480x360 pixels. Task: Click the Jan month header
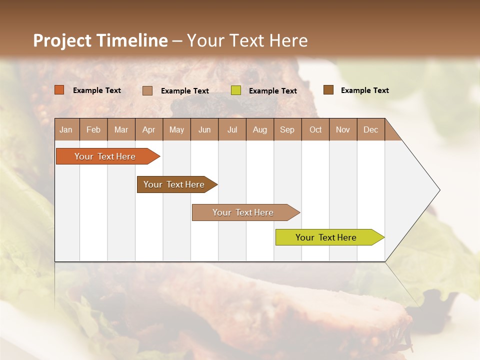[66, 129]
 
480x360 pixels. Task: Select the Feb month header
[93, 129]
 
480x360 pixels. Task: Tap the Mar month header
[121, 129]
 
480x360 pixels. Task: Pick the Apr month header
[149, 129]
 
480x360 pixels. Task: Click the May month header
[176, 129]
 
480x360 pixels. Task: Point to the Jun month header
[204, 129]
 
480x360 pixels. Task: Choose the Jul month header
[232, 129]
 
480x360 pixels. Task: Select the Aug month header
[260, 129]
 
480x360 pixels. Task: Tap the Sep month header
[287, 129]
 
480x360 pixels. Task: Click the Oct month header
[315, 129]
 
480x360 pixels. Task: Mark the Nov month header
[343, 129]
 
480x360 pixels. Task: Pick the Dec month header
[371, 129]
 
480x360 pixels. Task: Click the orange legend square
[59, 90]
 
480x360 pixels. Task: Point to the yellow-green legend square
[236, 90]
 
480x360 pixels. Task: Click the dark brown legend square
[328, 90]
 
